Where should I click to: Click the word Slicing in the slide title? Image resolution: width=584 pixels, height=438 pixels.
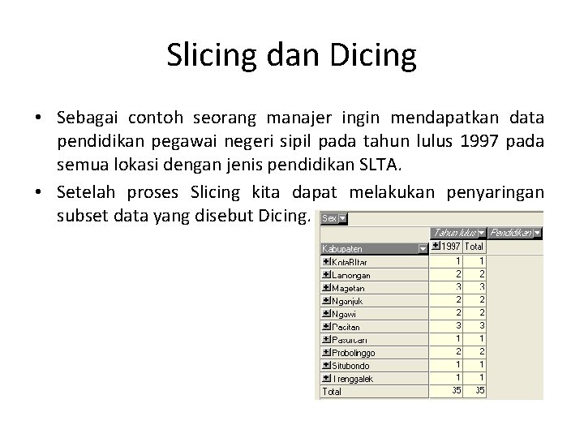click(213, 55)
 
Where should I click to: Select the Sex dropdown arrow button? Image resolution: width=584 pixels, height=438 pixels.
click(341, 218)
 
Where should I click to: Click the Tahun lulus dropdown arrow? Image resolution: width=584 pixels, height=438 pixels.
click(482, 233)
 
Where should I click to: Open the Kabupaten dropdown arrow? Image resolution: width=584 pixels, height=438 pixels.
click(422, 248)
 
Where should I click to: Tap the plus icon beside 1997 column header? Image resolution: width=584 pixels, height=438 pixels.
click(436, 246)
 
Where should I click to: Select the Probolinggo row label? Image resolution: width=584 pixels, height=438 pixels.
click(352, 352)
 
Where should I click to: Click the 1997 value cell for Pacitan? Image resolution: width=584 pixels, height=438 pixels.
click(458, 326)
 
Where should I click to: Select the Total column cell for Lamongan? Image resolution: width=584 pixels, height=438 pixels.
click(481, 275)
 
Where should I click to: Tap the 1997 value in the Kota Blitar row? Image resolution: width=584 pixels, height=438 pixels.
click(458, 261)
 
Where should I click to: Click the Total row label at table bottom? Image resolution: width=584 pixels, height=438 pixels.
click(332, 391)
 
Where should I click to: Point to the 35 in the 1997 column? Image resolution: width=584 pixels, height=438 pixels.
click(457, 390)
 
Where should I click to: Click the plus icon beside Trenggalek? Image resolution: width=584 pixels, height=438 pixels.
click(326, 378)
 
